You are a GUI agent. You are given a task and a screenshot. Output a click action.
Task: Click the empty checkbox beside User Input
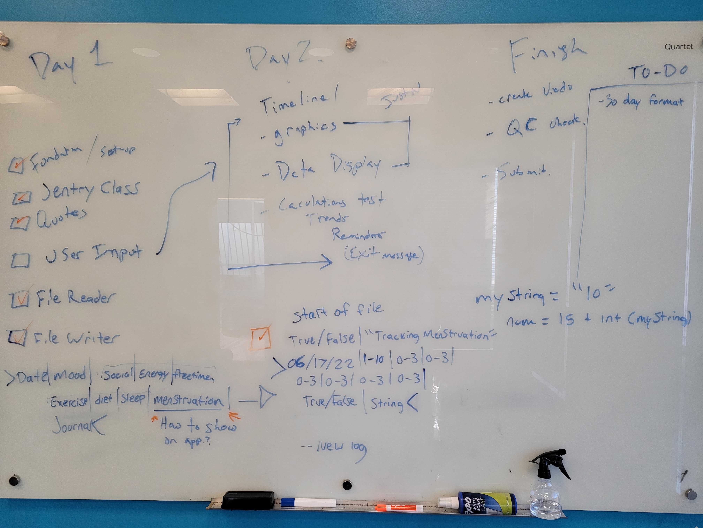pos(20,260)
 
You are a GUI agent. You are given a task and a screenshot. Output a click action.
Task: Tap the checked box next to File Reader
pos(20,300)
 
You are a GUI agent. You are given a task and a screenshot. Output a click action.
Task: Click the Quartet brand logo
pos(679,46)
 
